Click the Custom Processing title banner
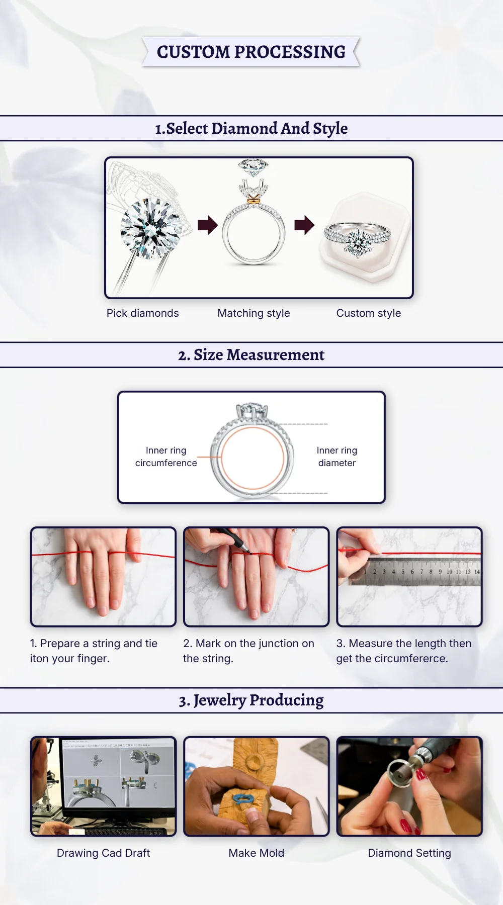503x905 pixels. (251, 52)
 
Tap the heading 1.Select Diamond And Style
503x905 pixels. (251, 129)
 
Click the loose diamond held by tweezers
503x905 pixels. (151, 228)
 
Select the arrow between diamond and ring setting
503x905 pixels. (208, 225)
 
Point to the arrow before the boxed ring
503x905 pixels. (304, 225)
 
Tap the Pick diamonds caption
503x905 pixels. (143, 313)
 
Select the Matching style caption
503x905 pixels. (254, 313)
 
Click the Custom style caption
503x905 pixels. (369, 313)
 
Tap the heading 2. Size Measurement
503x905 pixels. (251, 355)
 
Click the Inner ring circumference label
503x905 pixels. (166, 457)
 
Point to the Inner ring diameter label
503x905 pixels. (337, 457)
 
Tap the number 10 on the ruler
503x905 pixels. (449, 572)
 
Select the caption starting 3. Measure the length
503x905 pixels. (404, 651)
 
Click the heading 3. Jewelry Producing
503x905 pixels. (251, 700)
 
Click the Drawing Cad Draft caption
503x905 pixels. (103, 853)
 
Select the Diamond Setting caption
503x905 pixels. (409, 853)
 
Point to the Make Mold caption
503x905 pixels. (257, 853)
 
